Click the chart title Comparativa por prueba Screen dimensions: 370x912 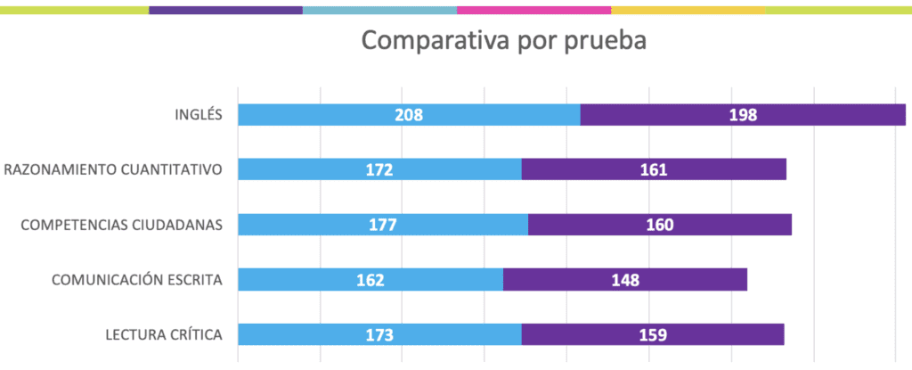pos(503,42)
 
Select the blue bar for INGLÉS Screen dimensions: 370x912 pos(338,114)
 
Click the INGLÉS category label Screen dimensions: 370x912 pos(197,114)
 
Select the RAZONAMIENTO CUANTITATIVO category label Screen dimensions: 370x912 pos(112,169)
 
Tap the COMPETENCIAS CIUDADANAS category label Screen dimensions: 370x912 pos(121,224)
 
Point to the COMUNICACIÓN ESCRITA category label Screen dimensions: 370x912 pos(136,279)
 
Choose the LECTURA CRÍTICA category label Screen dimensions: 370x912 pos(163,334)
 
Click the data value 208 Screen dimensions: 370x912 pos(409,114)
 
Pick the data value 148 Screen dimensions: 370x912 pos(625,279)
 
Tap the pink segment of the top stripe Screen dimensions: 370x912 pos(533,10)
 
